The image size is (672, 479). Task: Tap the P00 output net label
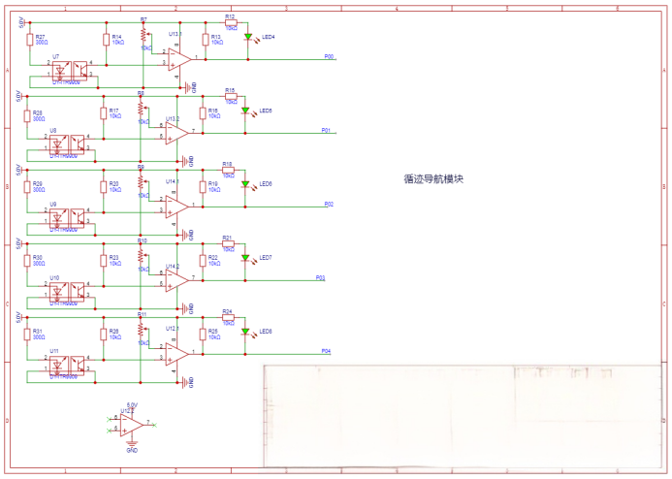tap(329, 56)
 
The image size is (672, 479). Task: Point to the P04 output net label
tap(326, 350)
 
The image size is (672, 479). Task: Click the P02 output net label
tap(329, 204)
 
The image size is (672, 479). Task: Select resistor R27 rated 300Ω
tap(27, 40)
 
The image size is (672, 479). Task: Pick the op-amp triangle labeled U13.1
tap(177, 58)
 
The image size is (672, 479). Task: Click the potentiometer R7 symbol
tap(144, 37)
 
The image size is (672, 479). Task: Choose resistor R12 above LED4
tap(230, 23)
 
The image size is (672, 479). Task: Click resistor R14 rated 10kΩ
tap(106, 40)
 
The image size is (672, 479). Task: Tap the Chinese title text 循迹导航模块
tap(434, 179)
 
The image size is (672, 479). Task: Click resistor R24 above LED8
tap(228, 318)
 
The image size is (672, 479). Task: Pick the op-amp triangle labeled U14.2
tap(176, 279)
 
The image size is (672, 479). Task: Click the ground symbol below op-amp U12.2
tap(132, 445)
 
